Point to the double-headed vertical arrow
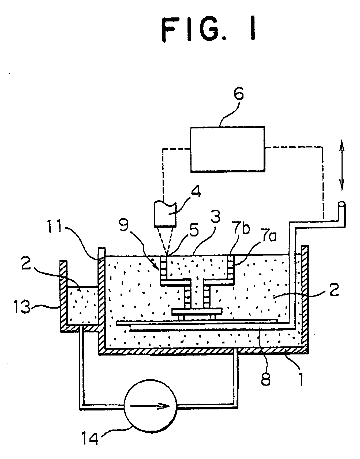342,166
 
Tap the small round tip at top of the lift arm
342,205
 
